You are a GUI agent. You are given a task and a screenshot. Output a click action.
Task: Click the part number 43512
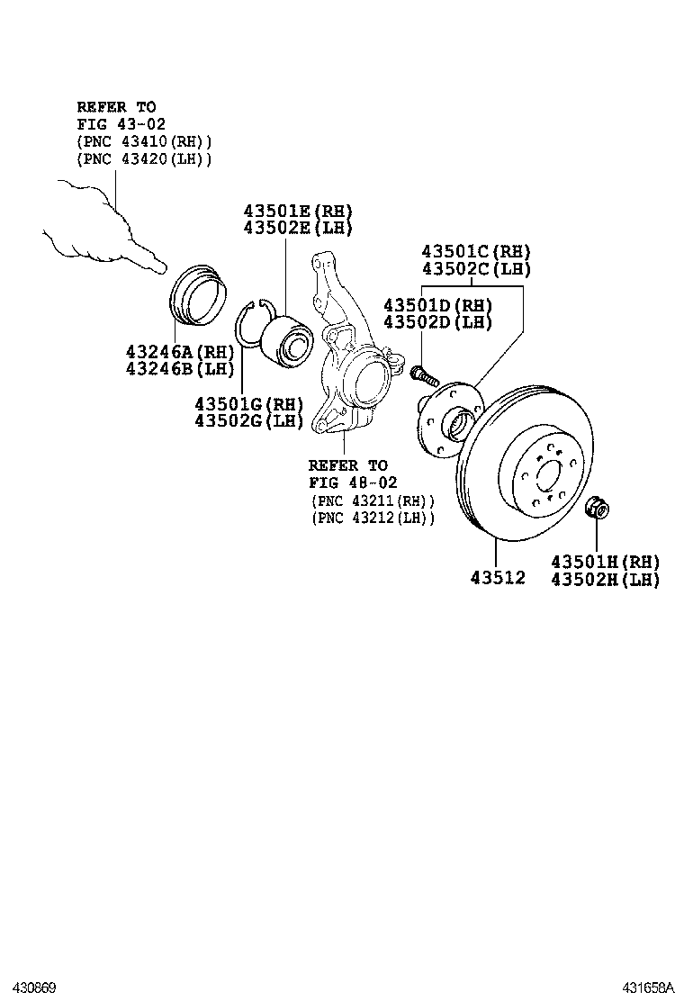(497, 577)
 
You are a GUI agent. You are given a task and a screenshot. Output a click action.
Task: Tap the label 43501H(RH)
(605, 561)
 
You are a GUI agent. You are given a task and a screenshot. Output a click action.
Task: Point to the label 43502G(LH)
(249, 420)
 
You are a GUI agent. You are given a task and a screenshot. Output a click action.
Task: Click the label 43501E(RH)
(297, 210)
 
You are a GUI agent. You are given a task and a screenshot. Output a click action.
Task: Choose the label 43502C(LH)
(476, 269)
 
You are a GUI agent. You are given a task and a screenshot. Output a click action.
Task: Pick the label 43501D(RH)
(437, 304)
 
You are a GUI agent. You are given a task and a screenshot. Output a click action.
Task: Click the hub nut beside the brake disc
(596, 509)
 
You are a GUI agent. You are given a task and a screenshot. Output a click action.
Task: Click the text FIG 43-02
(121, 123)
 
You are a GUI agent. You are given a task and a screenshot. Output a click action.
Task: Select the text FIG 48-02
(353, 482)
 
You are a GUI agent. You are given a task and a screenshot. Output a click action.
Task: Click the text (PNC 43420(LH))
(144, 158)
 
